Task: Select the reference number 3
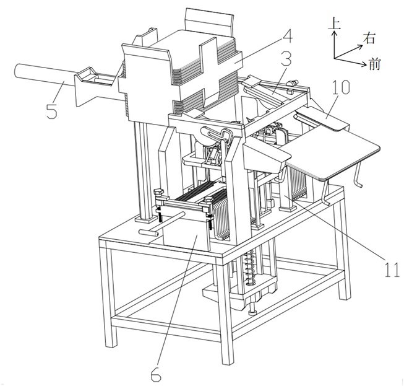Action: pyautogui.click(x=286, y=59)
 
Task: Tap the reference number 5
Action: pyautogui.click(x=52, y=111)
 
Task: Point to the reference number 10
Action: pyautogui.click(x=340, y=87)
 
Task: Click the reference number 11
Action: pyautogui.click(x=392, y=270)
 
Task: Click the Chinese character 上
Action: pyautogui.click(x=334, y=24)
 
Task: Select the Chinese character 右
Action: pyautogui.click(x=369, y=38)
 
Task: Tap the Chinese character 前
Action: pyautogui.click(x=375, y=64)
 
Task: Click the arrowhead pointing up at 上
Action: pyautogui.click(x=334, y=32)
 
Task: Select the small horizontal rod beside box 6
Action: pyautogui.click(x=161, y=222)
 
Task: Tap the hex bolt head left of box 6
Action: pyautogui.click(x=159, y=192)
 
